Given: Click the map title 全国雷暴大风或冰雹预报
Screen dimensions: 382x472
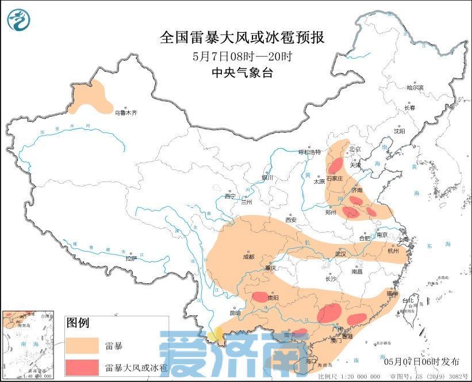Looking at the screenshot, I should point(241,38).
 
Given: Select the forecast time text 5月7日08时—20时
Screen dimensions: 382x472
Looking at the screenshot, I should point(241,56).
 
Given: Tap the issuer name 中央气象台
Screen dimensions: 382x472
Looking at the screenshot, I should point(241,72).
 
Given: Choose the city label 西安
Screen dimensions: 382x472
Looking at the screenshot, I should point(290,219).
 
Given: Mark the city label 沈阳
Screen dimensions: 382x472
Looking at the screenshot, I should point(400,131).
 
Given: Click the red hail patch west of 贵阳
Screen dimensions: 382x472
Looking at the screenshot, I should point(260,297).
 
